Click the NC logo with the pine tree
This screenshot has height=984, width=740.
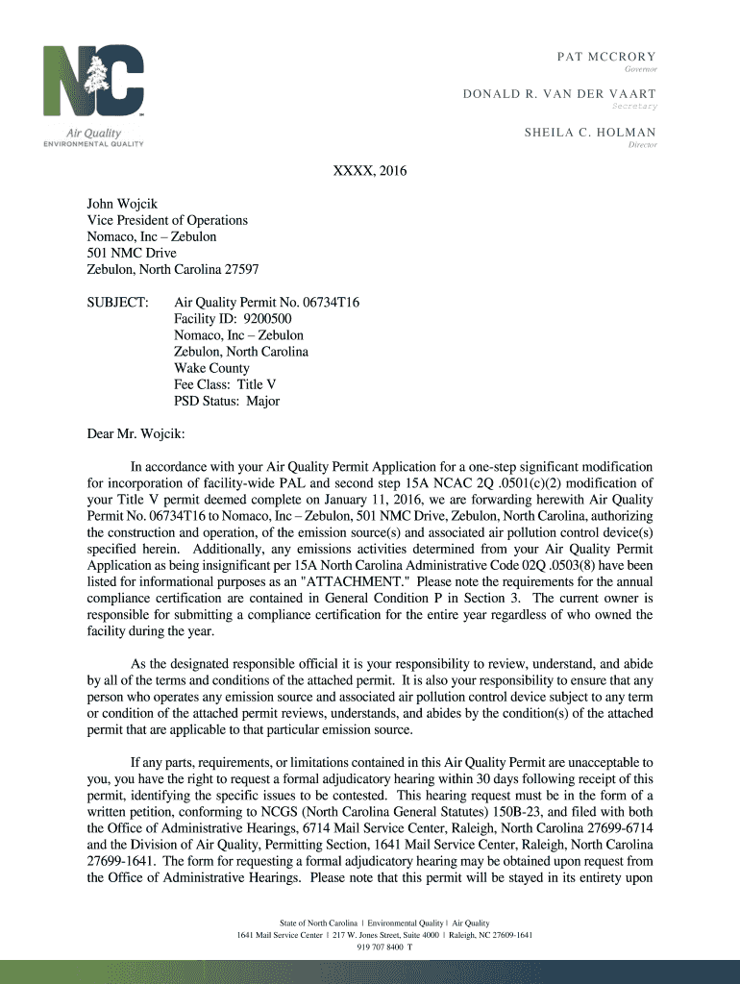(x=93, y=83)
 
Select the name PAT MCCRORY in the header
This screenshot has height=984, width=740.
(x=606, y=57)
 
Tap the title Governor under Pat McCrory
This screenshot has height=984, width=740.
(x=640, y=70)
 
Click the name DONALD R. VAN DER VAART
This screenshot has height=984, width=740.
(x=574, y=93)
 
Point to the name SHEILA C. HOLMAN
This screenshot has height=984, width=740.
(x=590, y=133)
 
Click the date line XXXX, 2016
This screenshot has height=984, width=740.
(x=370, y=171)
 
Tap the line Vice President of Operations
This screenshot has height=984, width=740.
(x=167, y=220)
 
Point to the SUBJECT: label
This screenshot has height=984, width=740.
(x=118, y=303)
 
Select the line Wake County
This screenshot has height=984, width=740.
(x=211, y=368)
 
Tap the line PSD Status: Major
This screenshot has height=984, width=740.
(x=227, y=401)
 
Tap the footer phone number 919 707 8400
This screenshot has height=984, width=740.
(x=380, y=947)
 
